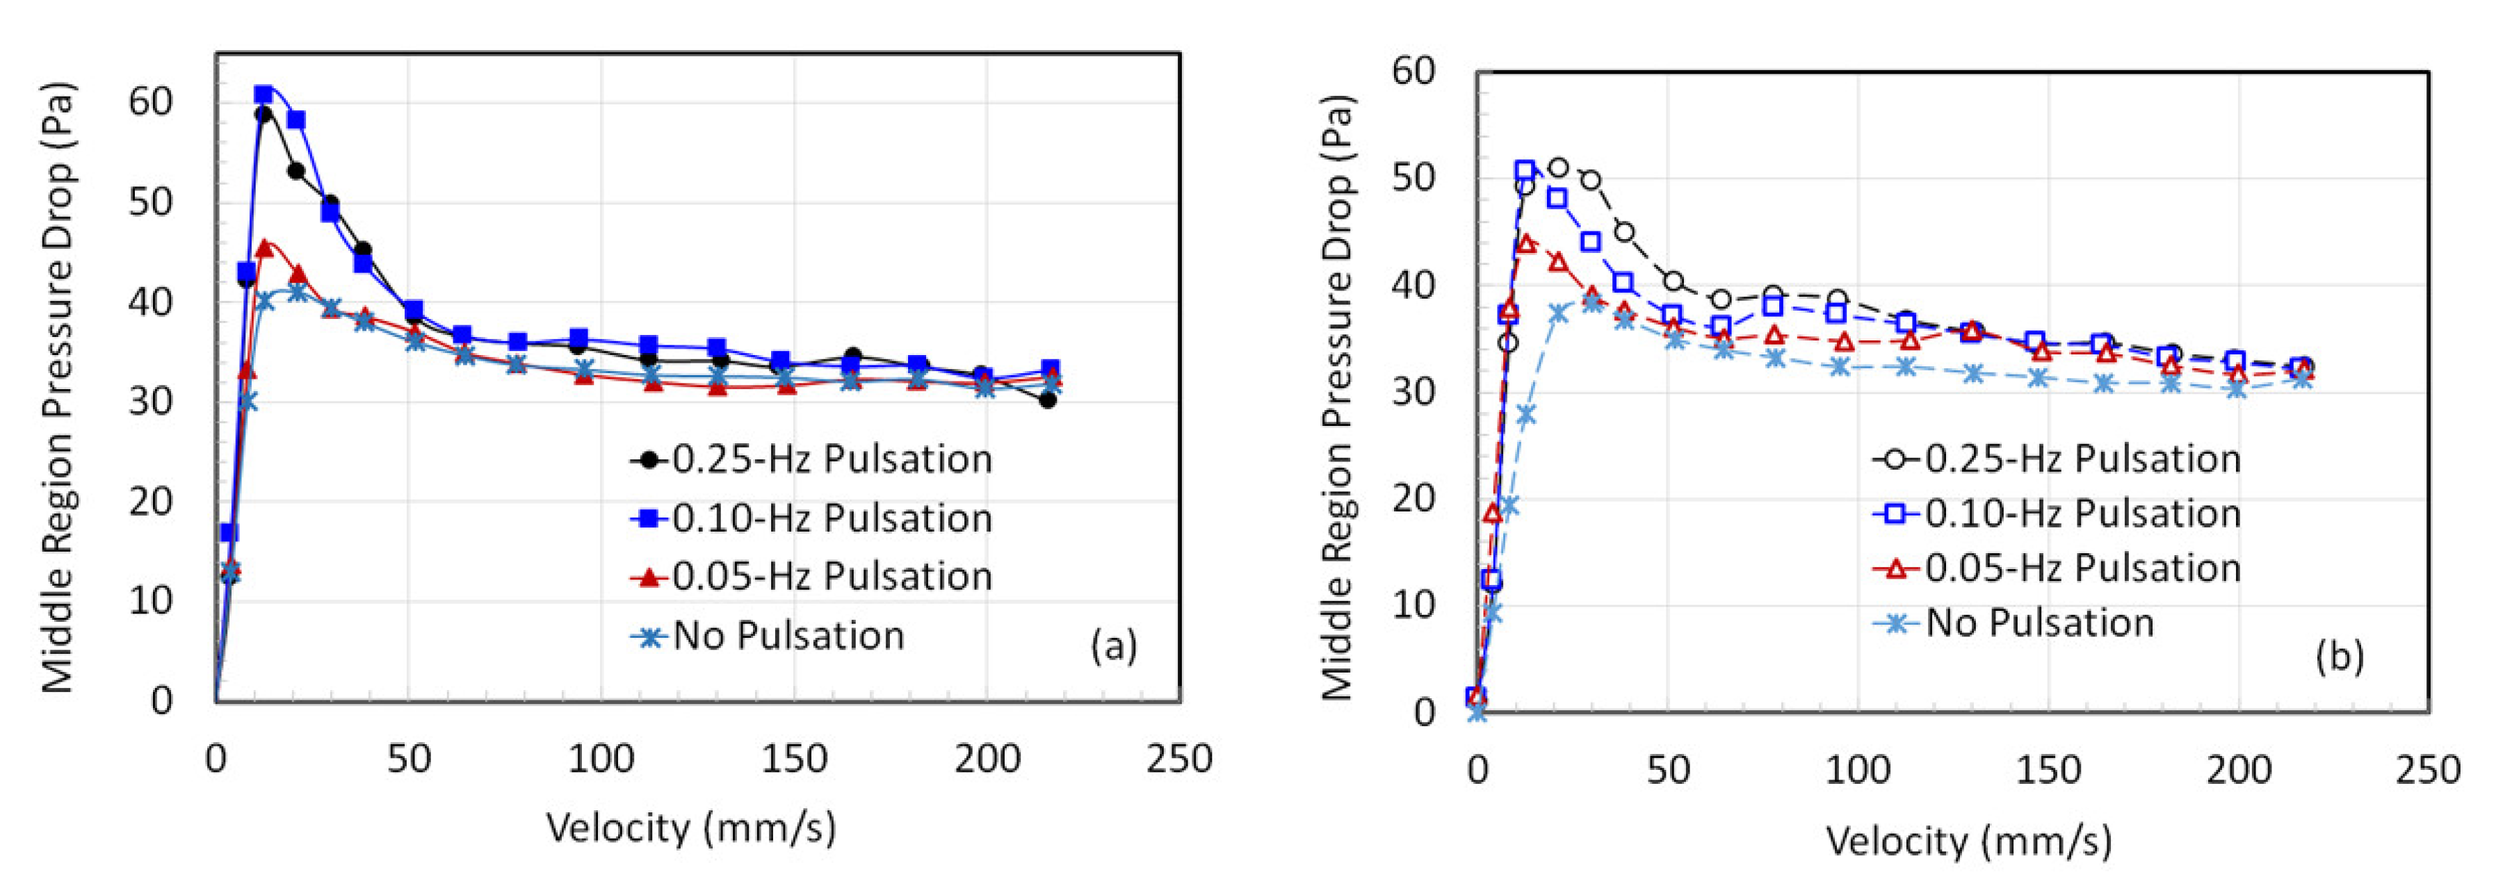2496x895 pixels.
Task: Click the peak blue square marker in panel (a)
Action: [x=264, y=94]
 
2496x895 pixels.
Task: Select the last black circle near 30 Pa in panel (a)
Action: [x=1048, y=399]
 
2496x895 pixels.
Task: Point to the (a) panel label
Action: [x=1113, y=645]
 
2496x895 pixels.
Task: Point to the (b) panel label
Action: [x=2339, y=657]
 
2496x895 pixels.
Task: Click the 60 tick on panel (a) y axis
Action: [x=150, y=101]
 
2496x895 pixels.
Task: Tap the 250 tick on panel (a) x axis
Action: [x=1179, y=758]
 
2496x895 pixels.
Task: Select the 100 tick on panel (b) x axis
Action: [x=1858, y=770]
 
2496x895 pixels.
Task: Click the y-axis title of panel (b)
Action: [x=1338, y=397]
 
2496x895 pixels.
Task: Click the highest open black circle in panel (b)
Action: [x=1558, y=167]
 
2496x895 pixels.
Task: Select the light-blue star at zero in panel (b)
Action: [x=1477, y=712]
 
